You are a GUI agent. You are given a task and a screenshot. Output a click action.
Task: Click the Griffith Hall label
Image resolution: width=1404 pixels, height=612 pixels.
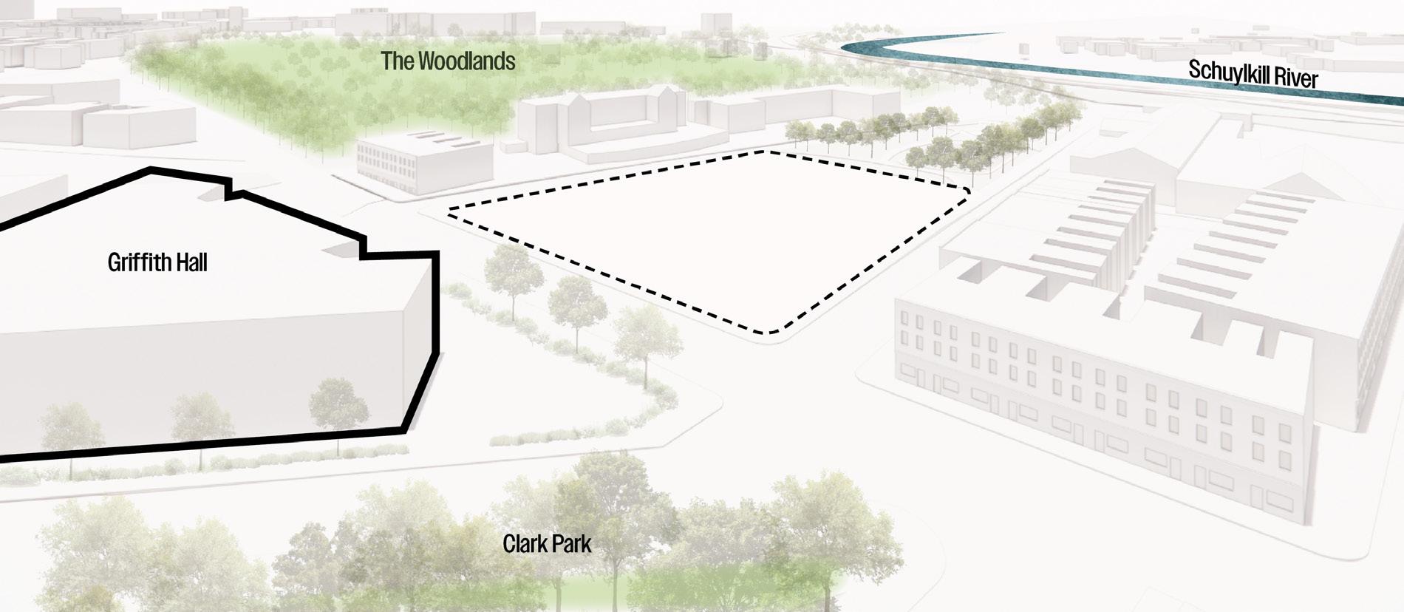click(x=157, y=262)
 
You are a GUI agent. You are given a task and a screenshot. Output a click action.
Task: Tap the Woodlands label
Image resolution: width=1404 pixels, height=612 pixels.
click(x=448, y=61)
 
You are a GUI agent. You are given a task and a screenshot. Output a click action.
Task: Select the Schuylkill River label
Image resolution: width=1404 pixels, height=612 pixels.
click(x=1253, y=75)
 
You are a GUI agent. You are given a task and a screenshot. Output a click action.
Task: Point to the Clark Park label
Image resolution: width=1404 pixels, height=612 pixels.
click(x=547, y=545)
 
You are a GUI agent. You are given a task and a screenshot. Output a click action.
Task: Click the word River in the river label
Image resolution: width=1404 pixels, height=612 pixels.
click(x=1292, y=78)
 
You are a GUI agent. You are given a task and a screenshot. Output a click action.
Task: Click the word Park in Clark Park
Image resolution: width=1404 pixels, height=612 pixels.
click(x=570, y=545)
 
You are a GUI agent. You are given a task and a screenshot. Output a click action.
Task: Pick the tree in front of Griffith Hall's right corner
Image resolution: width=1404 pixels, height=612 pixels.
click(x=336, y=403)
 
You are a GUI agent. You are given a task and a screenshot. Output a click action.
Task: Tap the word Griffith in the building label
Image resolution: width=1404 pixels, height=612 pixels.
click(x=135, y=262)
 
